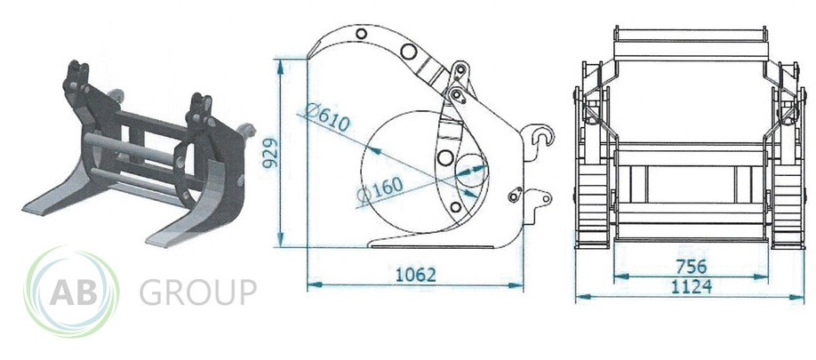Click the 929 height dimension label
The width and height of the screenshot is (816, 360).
269,153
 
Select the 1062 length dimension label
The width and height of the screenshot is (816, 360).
415,275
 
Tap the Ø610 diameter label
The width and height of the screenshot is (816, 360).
327,117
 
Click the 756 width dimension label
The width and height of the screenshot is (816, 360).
692,267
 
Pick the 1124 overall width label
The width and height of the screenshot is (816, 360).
691,286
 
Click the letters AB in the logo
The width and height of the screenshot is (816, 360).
74,293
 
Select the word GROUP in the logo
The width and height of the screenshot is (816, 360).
197,292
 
